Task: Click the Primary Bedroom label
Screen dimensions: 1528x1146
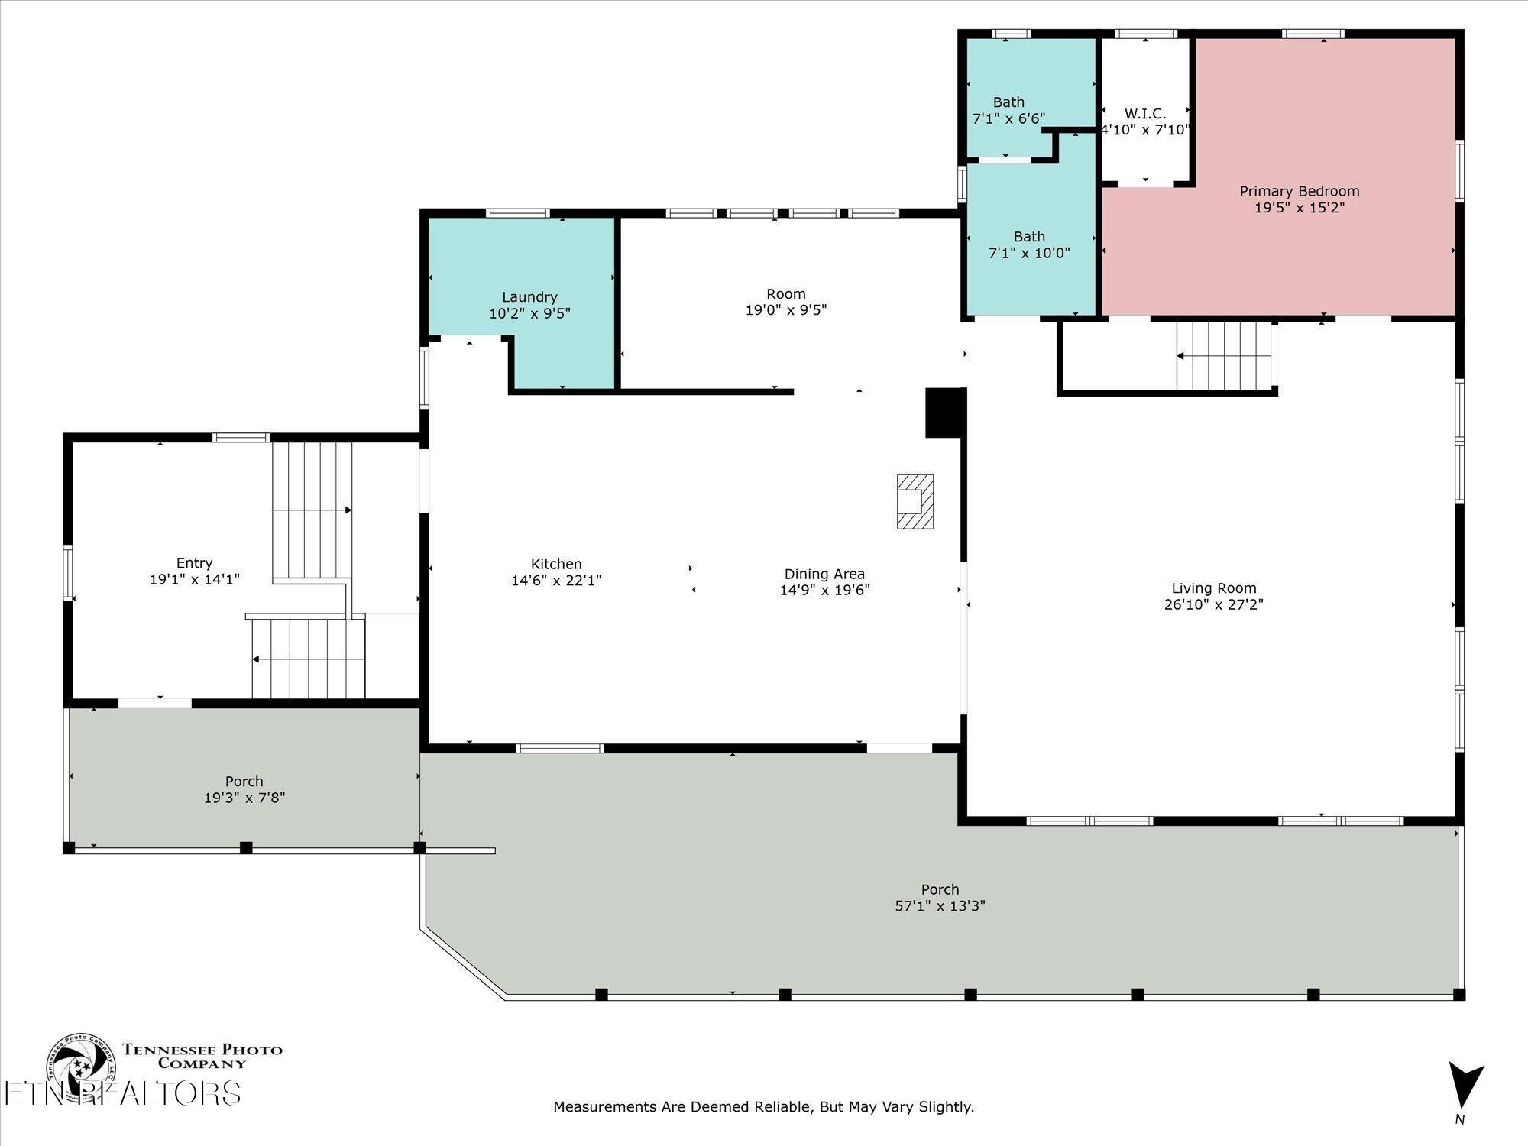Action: click(1299, 191)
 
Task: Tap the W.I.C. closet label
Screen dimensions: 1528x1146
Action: click(1145, 114)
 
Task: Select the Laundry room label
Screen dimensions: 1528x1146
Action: click(529, 297)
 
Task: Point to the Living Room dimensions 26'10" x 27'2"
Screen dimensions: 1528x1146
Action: click(1214, 604)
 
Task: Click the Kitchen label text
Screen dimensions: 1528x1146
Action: click(556, 564)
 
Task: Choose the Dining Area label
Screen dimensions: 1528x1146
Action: click(824, 574)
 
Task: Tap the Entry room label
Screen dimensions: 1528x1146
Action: click(194, 563)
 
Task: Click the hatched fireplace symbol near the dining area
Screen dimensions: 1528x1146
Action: click(915, 501)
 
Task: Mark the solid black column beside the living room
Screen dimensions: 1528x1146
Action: click(946, 413)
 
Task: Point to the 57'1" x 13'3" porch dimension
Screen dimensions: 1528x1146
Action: click(940, 906)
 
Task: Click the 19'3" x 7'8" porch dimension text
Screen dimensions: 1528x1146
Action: click(244, 798)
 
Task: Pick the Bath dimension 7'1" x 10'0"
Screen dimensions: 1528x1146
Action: click(1029, 253)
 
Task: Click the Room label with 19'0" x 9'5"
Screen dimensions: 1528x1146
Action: click(786, 294)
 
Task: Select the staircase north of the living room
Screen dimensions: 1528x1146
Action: click(1225, 356)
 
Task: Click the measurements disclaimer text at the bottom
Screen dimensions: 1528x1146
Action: click(764, 1106)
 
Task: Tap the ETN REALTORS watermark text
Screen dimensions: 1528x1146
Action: click(122, 1093)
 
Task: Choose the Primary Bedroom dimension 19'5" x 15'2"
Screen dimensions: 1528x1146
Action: click(1300, 207)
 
